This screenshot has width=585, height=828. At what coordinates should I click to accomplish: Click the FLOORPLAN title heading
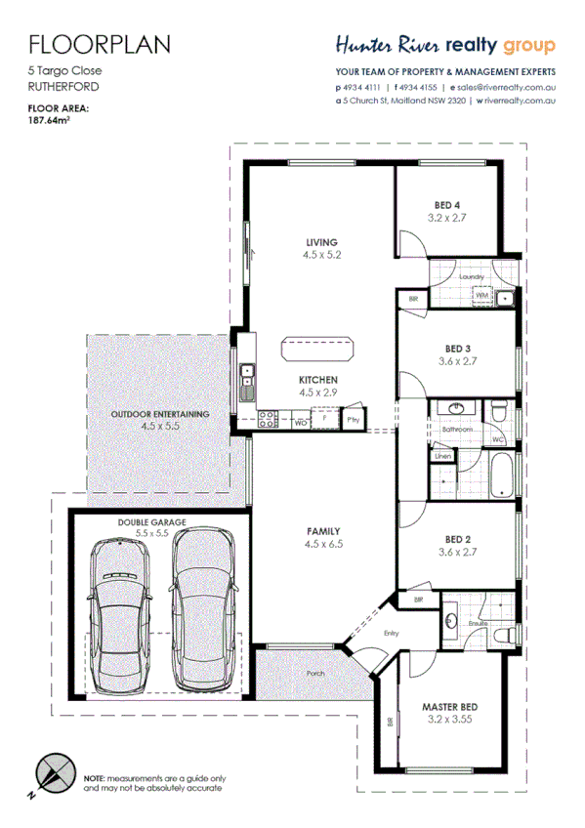(x=100, y=44)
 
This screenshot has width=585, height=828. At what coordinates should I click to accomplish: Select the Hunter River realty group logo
(x=445, y=45)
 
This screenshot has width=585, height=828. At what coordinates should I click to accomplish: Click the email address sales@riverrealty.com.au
(x=505, y=86)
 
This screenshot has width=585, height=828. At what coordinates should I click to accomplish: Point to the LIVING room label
(x=320, y=242)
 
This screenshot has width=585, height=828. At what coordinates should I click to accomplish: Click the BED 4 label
(x=449, y=205)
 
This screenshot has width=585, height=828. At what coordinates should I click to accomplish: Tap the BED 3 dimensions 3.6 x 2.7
(x=458, y=361)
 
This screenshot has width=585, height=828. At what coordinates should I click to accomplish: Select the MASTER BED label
(x=448, y=707)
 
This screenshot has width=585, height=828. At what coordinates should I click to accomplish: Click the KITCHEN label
(x=318, y=379)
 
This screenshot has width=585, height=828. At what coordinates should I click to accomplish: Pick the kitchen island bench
(x=318, y=349)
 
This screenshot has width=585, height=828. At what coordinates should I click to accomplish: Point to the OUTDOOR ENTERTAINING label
(x=160, y=414)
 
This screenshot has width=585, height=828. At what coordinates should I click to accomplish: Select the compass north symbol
(x=51, y=775)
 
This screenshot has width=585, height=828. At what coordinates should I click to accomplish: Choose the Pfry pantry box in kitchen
(x=353, y=421)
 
